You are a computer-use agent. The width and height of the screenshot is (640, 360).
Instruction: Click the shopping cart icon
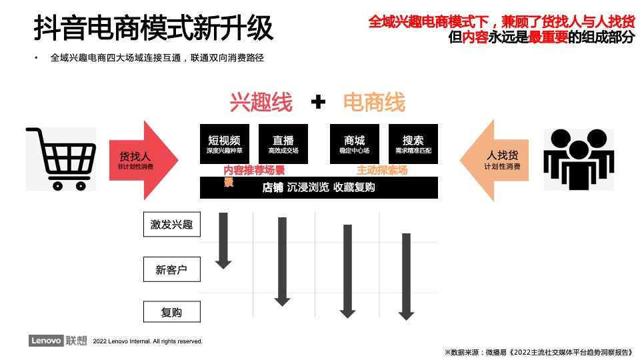click(x=61, y=159)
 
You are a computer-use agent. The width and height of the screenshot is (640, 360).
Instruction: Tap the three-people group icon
click(x=577, y=159)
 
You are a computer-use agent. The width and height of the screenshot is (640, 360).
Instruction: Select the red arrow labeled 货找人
click(x=144, y=161)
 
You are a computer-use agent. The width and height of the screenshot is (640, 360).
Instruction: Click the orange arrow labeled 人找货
click(x=494, y=160)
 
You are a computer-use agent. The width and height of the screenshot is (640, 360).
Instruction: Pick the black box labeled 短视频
click(x=225, y=145)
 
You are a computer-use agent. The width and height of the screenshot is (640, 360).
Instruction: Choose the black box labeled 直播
click(x=283, y=145)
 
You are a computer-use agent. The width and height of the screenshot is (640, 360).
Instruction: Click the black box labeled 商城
click(x=355, y=145)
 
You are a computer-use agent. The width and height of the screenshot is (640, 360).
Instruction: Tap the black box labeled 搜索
click(x=413, y=145)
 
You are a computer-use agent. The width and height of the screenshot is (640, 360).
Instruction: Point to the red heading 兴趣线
click(x=261, y=102)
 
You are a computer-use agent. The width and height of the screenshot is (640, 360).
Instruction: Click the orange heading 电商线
click(x=374, y=102)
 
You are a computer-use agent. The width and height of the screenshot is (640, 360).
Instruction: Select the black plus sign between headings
click(x=319, y=102)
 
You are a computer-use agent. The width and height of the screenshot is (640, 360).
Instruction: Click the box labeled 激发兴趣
click(x=171, y=225)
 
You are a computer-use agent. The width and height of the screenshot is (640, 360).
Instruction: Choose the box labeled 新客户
click(x=171, y=270)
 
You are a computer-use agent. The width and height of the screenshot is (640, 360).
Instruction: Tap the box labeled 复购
click(x=171, y=312)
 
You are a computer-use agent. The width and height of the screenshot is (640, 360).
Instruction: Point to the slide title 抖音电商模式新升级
click(x=153, y=29)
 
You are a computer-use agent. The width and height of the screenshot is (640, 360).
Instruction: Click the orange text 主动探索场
click(x=382, y=170)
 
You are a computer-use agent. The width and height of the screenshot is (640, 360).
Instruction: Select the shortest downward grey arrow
click(x=223, y=240)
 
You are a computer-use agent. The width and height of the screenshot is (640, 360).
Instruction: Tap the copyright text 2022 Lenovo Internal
click(x=148, y=341)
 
